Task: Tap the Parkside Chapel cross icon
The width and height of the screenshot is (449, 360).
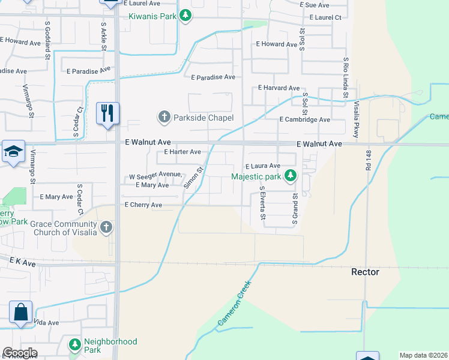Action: coord(164,117)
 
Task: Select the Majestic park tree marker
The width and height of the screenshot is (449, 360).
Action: coord(291,176)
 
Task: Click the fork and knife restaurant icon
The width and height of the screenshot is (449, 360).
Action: coord(108,112)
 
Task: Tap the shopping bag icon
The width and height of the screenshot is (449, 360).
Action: coord(20,312)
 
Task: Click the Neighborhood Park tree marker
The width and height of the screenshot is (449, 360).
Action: coord(74,345)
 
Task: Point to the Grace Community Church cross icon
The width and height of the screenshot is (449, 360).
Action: coord(106,228)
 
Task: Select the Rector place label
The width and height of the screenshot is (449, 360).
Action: coord(365,272)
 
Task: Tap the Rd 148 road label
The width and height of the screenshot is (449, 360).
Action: coord(367,162)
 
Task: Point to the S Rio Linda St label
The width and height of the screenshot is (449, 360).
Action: coord(346,78)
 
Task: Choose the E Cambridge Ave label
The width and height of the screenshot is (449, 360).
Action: coord(305,119)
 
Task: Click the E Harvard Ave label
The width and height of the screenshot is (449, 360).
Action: coord(279,88)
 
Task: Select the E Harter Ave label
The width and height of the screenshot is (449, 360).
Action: coord(179,152)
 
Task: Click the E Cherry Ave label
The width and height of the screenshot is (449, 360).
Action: coord(143,205)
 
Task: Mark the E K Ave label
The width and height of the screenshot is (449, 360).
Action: coord(23,263)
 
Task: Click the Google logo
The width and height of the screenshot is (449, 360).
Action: coord(20,353)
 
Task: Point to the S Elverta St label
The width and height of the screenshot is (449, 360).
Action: coord(262,203)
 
